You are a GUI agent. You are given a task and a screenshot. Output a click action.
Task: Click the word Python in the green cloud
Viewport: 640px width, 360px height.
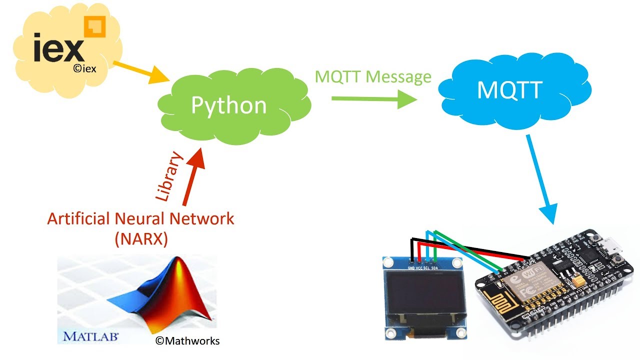pos(229,105)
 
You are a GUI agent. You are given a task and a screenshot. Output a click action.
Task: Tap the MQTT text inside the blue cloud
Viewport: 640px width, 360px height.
pos(509,90)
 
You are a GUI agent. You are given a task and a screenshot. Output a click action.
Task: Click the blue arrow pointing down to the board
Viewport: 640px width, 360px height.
pos(541,180)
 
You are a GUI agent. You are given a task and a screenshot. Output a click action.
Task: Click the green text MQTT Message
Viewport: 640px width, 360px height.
pos(373,76)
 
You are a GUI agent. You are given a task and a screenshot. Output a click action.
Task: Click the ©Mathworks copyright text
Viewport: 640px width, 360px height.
pos(187,341)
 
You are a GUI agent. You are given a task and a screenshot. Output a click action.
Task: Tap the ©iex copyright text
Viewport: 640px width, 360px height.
pos(84,69)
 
